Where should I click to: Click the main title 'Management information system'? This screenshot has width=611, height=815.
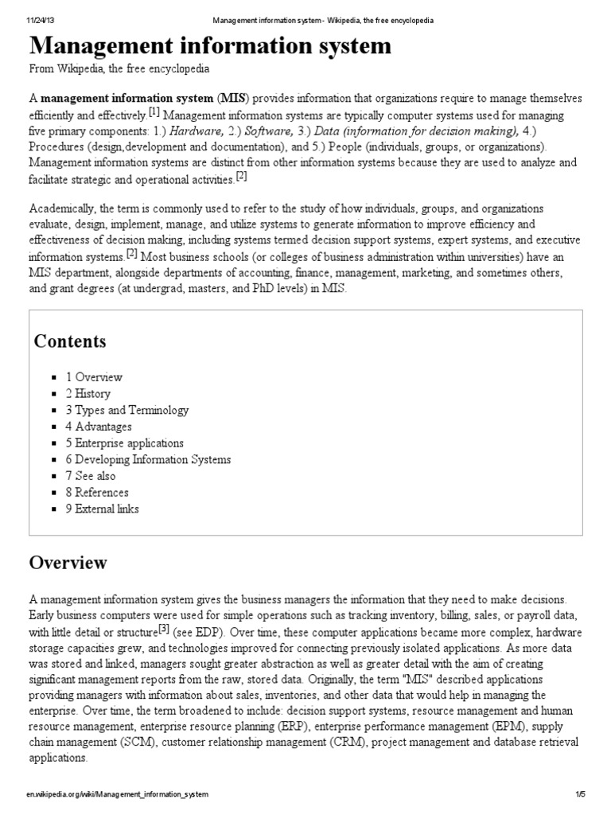pos(211,46)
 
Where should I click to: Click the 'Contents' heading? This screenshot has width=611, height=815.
pos(70,341)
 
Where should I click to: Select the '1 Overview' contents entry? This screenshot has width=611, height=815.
pos(94,377)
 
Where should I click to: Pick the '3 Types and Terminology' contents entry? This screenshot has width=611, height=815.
pos(127,411)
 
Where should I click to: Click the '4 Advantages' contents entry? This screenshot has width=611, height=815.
pos(99,427)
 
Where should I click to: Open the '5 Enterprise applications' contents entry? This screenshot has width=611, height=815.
pos(125,443)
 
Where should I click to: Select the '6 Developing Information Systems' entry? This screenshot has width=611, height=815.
pos(148,459)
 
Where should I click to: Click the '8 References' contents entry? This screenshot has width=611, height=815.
pos(97,493)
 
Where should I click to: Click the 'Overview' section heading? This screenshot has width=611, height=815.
pos(68,563)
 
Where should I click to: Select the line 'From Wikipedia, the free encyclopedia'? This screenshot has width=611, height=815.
pos(120,69)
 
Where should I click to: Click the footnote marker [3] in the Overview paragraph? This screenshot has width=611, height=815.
pos(165,629)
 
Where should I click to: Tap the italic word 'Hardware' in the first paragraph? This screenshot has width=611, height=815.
pos(197,131)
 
